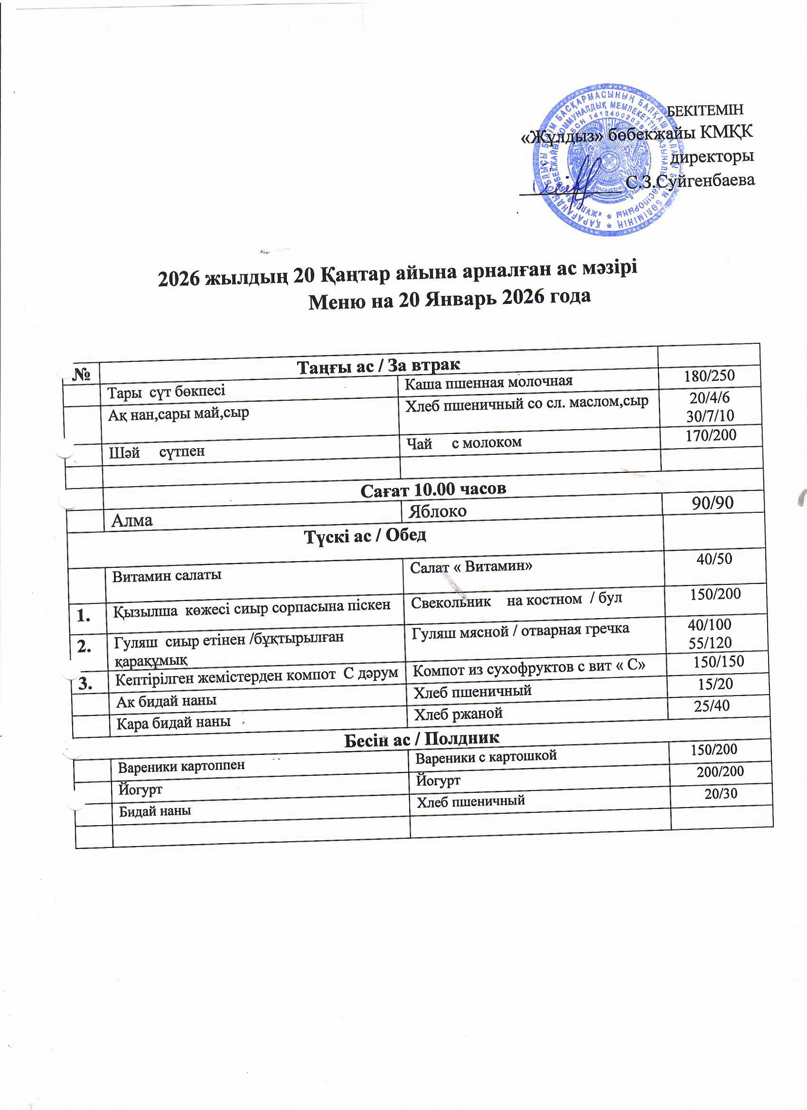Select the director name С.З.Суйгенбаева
pyautogui.click(x=691, y=181)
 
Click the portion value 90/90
pyautogui.click(x=712, y=503)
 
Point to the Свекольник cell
pyautogui.click(x=516, y=601)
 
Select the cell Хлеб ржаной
pyautogui.click(x=459, y=714)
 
